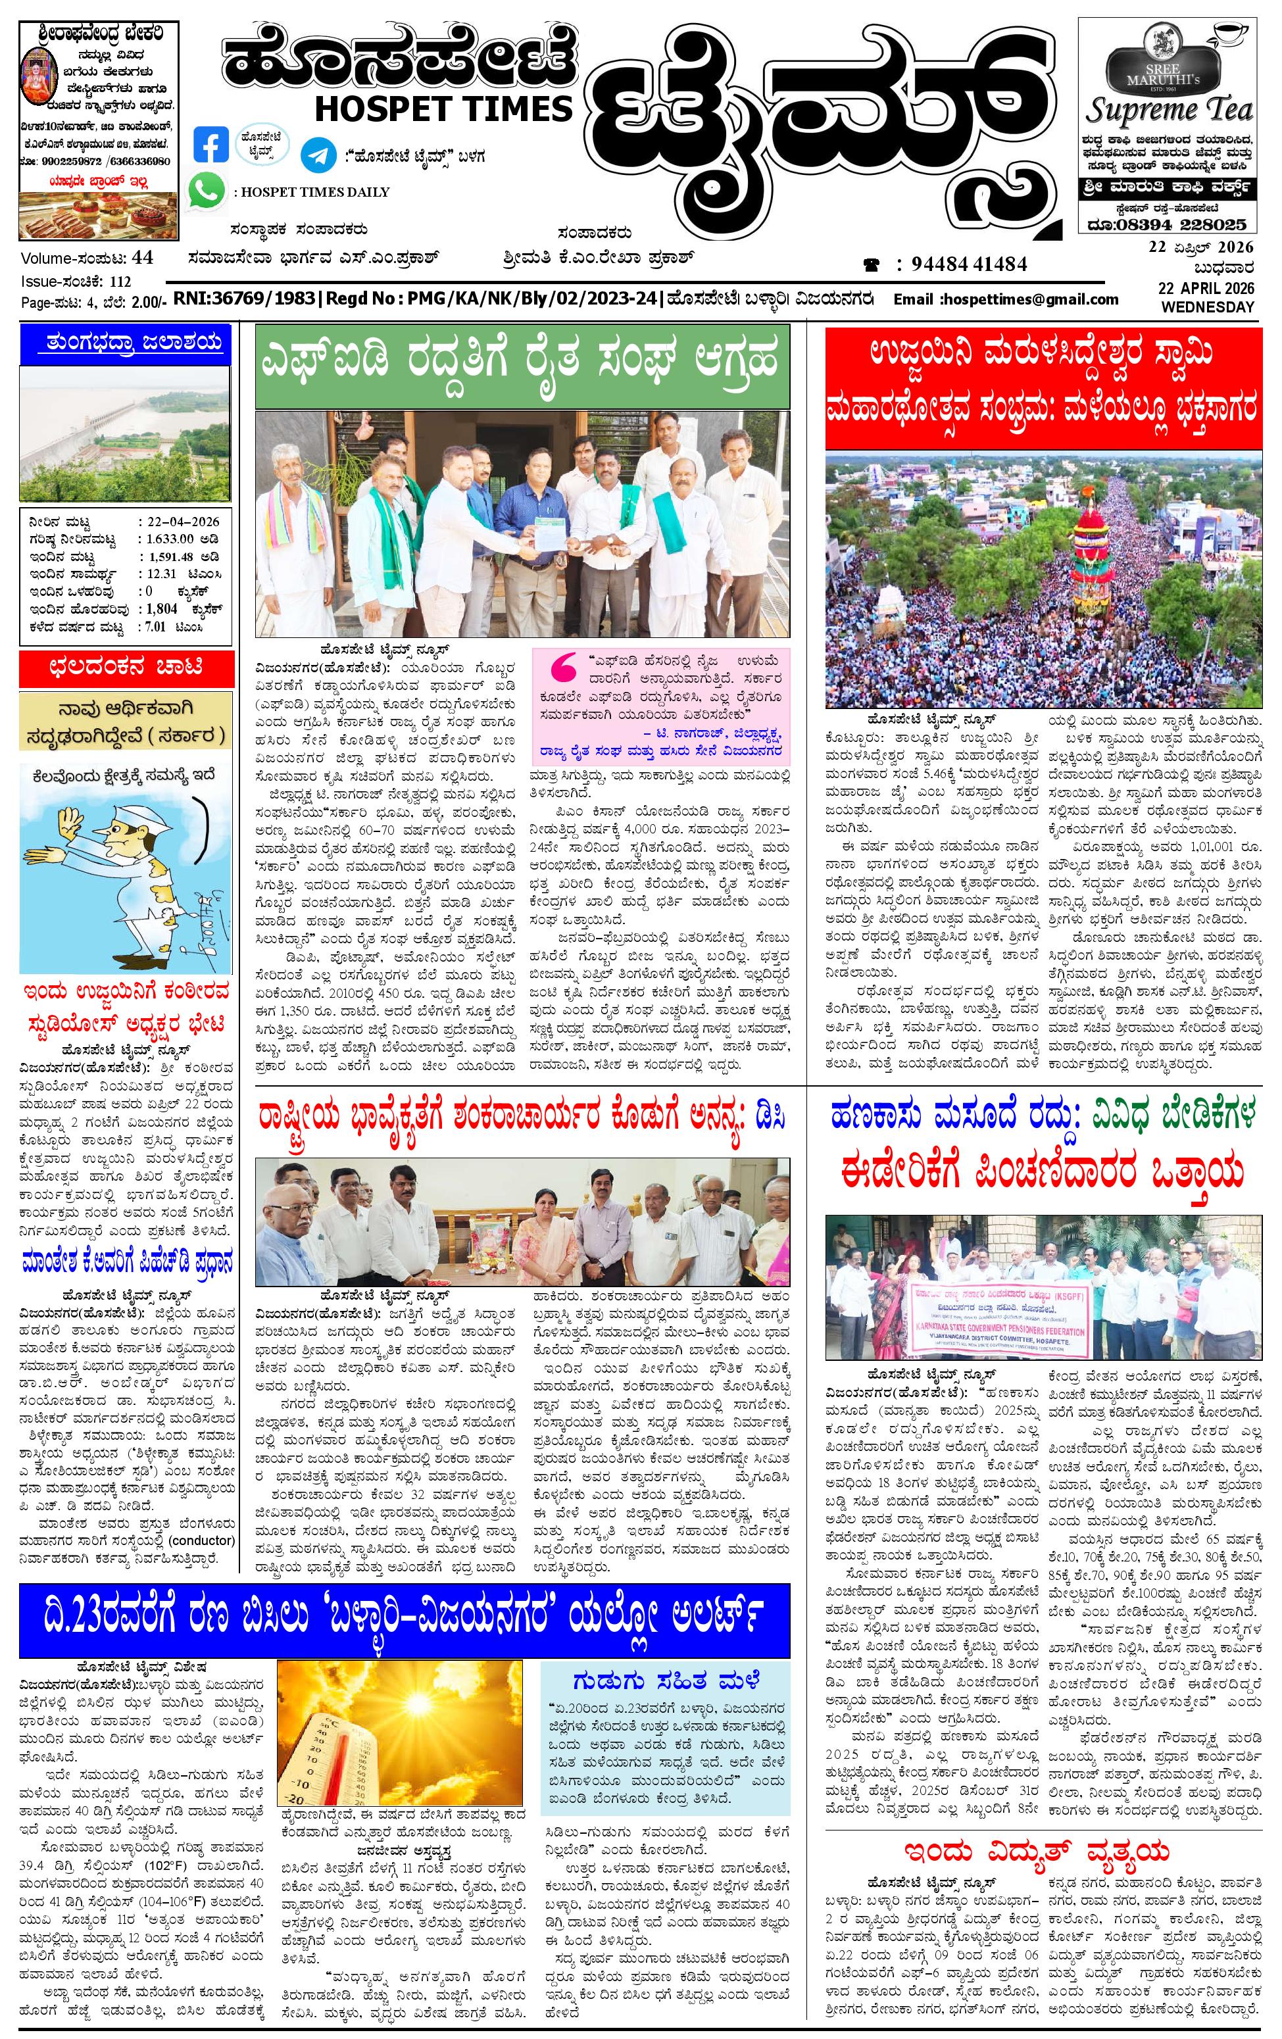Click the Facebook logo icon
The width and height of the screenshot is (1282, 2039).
(x=211, y=144)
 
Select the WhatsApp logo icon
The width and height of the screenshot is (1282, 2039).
(x=207, y=191)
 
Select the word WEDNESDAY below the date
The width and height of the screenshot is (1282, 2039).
(x=1206, y=307)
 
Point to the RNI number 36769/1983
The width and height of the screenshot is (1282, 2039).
(x=255, y=299)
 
